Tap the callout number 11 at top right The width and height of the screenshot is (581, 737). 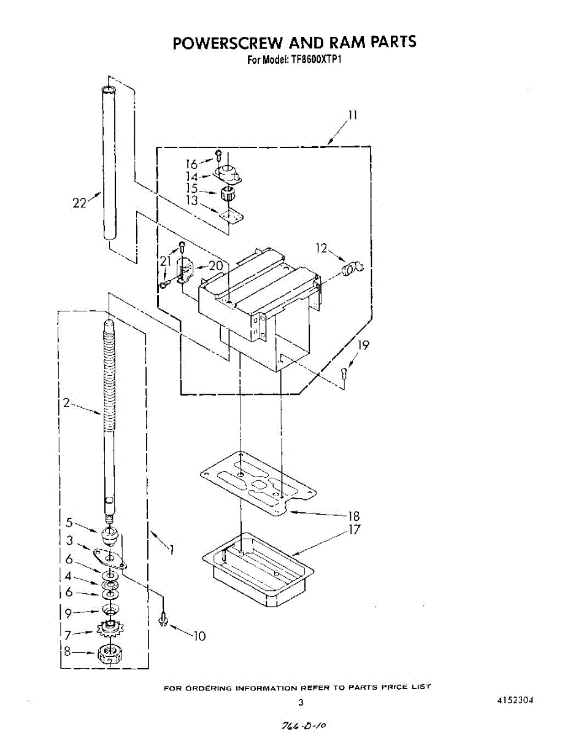353,115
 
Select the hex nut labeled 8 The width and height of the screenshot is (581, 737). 109,654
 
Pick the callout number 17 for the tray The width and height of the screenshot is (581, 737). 353,529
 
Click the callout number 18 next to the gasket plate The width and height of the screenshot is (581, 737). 353,516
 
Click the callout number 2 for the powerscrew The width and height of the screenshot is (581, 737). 67,403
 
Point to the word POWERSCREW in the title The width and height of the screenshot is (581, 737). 227,42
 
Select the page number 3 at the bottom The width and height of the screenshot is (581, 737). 301,703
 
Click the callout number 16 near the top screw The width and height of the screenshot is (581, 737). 192,164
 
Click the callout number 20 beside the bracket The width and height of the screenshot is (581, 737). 215,266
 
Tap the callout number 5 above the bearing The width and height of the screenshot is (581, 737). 69,523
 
